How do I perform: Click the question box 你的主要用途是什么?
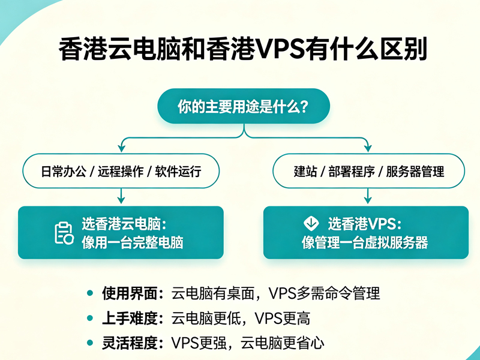[x=244, y=106]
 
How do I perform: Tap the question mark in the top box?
[x=304, y=106]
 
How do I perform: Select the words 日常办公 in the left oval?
[x=64, y=171]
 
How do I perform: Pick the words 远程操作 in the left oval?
[x=121, y=171]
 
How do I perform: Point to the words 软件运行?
[x=178, y=171]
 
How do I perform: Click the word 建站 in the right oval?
[x=305, y=171]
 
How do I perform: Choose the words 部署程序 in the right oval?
[x=352, y=171]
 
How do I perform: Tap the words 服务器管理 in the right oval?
[x=415, y=171]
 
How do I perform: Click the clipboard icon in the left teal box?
[x=64, y=233]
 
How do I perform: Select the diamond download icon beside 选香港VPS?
[x=311, y=223]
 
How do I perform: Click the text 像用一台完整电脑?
[x=132, y=243]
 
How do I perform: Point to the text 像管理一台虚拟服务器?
[x=365, y=243]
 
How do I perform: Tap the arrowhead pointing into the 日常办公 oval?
[x=122, y=148]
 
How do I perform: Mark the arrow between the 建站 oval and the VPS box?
[x=368, y=196]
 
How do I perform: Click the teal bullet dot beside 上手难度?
[x=90, y=319]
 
